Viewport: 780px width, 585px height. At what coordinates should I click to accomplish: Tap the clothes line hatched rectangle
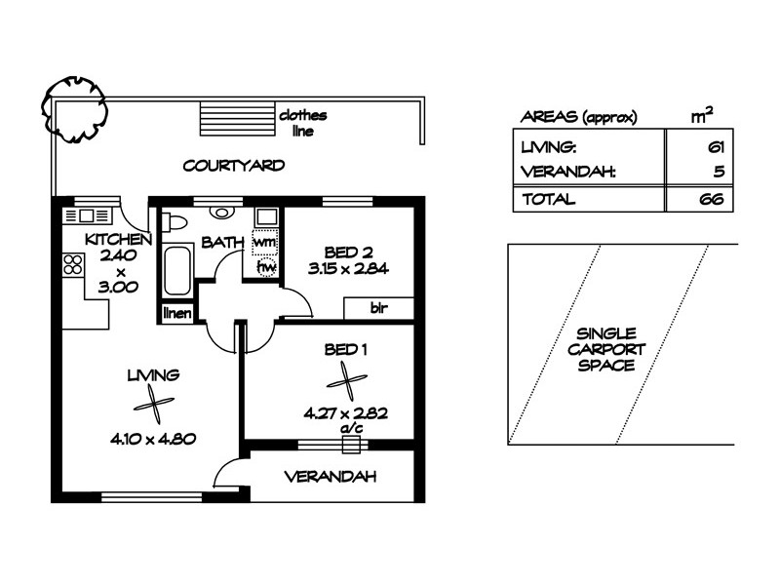236,120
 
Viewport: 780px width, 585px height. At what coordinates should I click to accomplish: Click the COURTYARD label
234,166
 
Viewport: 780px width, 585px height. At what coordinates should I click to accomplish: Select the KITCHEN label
117,240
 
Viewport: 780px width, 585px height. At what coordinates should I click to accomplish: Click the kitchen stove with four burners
72,264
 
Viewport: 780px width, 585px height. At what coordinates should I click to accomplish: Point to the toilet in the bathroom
172,220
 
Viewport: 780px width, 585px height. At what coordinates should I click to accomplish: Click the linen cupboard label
176,313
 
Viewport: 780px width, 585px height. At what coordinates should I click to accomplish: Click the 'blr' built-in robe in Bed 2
379,308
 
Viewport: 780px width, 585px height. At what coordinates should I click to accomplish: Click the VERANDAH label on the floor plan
330,477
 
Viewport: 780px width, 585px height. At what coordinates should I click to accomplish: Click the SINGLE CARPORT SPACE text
606,349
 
